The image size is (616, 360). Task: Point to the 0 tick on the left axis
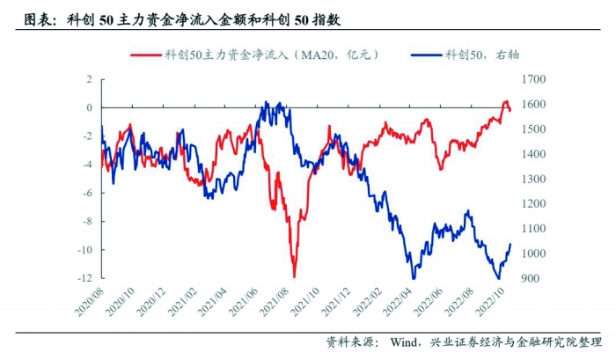coord(89,107)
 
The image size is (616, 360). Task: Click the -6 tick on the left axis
coord(86,193)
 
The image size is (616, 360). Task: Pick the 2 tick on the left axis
coord(89,79)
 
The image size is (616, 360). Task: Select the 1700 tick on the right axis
coord(533,79)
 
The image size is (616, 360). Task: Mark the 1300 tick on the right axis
coord(533,179)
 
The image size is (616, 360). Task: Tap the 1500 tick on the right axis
coord(533,129)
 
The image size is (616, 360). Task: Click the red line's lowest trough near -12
coord(294,276)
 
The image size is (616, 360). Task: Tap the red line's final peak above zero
coord(506,102)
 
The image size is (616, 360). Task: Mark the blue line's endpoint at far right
coord(511,244)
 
